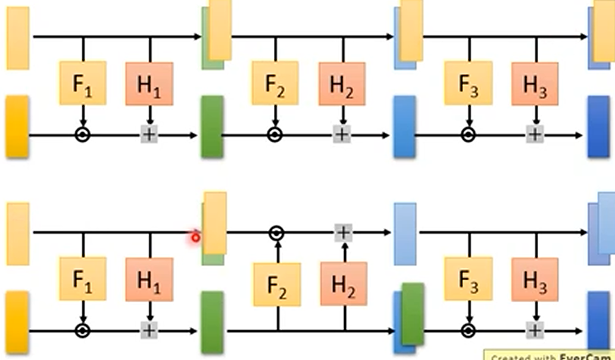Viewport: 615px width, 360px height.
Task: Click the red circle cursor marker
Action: [x=195, y=238]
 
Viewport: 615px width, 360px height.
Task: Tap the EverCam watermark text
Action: [x=550, y=356]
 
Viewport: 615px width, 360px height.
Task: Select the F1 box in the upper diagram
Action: [x=83, y=83]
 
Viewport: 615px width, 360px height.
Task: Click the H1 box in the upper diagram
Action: [x=149, y=83]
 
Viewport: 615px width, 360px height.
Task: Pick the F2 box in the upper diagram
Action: [x=274, y=83]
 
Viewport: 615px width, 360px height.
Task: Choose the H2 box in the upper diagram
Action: [x=341, y=83]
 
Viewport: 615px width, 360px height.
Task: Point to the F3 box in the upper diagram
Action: [x=468, y=83]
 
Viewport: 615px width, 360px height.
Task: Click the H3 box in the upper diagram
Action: [x=535, y=83]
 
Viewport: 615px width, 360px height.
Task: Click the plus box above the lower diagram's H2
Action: [x=344, y=233]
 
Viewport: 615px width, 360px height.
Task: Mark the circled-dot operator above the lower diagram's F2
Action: [x=275, y=233]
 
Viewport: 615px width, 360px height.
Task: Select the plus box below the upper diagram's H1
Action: [x=149, y=135]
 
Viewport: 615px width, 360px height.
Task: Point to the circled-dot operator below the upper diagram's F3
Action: [x=468, y=135]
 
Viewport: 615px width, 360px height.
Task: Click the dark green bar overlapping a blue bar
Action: [x=413, y=314]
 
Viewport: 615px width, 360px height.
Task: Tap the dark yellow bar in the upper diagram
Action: [x=17, y=126]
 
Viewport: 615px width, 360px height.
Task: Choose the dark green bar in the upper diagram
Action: [x=212, y=126]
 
